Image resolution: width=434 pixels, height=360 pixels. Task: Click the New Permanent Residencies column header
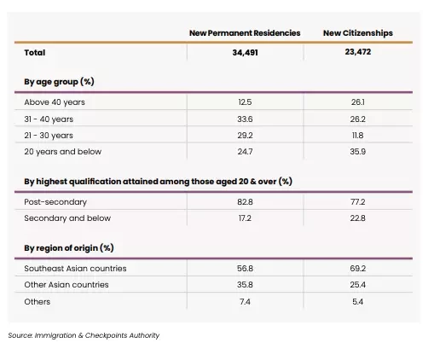(x=245, y=33)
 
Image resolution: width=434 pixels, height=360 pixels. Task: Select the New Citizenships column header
(x=358, y=33)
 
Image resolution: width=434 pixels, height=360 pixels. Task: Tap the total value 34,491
(x=245, y=53)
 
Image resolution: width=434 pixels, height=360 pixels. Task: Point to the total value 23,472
(x=358, y=52)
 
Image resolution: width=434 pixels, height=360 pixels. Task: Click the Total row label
(x=35, y=53)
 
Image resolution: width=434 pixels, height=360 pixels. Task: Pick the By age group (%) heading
(x=59, y=82)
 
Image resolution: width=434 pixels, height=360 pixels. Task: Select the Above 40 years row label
(x=55, y=102)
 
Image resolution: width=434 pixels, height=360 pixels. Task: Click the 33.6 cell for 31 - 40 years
(x=245, y=119)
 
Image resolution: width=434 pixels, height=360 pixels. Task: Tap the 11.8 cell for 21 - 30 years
(x=357, y=135)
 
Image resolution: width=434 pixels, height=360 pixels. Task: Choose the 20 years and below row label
(x=63, y=152)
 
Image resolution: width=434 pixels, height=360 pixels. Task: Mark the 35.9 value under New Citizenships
(x=357, y=152)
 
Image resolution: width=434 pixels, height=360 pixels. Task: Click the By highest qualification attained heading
(x=158, y=182)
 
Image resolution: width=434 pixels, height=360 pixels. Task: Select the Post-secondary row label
(x=55, y=202)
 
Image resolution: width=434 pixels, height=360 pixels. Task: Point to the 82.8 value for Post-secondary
(x=245, y=202)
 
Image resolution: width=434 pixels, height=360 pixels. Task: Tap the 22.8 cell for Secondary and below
(x=357, y=218)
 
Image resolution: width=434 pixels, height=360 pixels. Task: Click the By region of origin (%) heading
(x=69, y=248)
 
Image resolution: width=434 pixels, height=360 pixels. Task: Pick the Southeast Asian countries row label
(x=75, y=269)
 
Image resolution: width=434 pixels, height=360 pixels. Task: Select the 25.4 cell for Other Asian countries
(x=357, y=285)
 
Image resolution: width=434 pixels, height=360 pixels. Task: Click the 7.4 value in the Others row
(x=245, y=301)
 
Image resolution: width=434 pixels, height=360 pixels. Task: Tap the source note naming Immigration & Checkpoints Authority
(x=84, y=335)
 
